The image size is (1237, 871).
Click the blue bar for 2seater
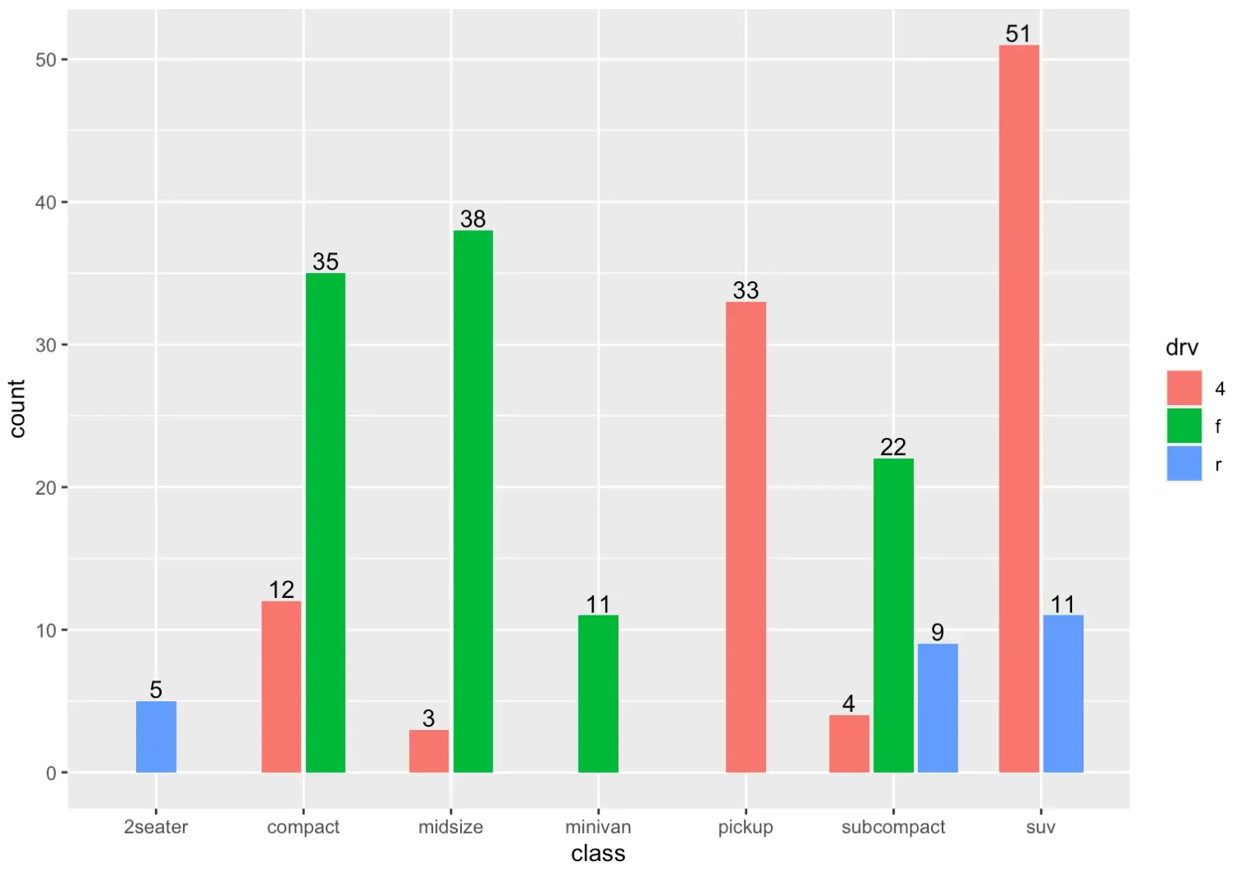156,737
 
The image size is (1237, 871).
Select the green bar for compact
326,522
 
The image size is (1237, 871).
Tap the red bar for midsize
429,751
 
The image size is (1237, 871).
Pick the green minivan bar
598,694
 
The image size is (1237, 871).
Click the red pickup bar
745,537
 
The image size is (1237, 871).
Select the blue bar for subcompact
938,708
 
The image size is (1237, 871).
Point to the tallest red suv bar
1018,408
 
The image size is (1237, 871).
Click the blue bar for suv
1063,694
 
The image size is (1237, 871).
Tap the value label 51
1018,34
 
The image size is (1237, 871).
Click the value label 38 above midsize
473,219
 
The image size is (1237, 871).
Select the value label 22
893,447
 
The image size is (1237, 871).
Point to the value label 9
938,632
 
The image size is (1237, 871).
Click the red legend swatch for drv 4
1183,388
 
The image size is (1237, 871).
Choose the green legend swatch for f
1183,426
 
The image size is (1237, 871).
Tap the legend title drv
1181,347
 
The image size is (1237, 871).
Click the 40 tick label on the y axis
45,202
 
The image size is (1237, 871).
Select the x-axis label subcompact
893,826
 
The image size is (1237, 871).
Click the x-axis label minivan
598,826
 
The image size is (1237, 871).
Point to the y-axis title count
17,408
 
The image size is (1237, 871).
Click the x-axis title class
598,853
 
